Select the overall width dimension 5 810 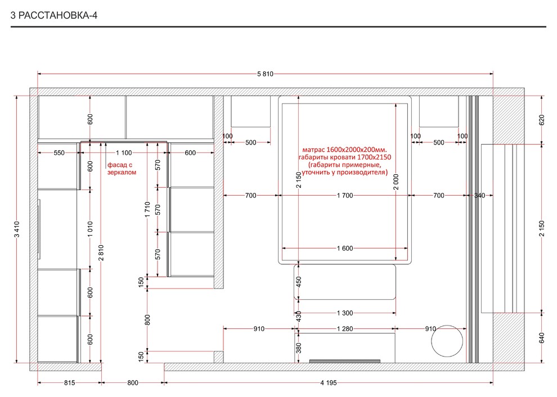pyautogui.click(x=266, y=74)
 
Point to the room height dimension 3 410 pyautogui.click(x=17, y=229)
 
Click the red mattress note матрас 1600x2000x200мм pyautogui.click(x=344, y=150)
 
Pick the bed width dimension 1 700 pyautogui.click(x=345, y=195)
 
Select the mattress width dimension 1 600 pyautogui.click(x=345, y=248)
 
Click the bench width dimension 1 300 pyautogui.click(x=345, y=313)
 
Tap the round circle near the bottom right pyautogui.click(x=447, y=341)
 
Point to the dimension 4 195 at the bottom pyautogui.click(x=328, y=383)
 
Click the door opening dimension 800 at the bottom pyautogui.click(x=133, y=383)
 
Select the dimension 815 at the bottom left pyautogui.click(x=70, y=383)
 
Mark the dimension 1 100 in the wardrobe pyautogui.click(x=124, y=153)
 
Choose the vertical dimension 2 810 pyautogui.click(x=101, y=252)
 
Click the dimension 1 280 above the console pyautogui.click(x=345, y=329)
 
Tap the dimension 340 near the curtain pyautogui.click(x=479, y=195)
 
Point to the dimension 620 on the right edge pyautogui.click(x=541, y=120)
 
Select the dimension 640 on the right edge pyautogui.click(x=541, y=338)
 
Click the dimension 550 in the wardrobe pyautogui.click(x=59, y=153)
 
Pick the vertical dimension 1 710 pyautogui.click(x=147, y=209)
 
